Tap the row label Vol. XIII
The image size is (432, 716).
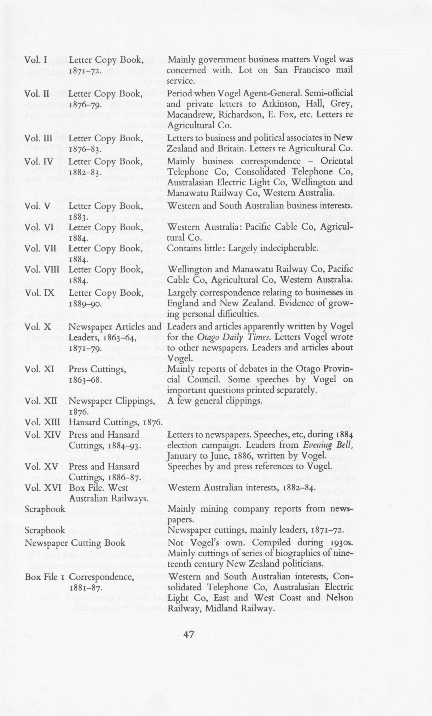(42, 422)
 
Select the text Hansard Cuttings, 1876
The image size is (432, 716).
(115, 422)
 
